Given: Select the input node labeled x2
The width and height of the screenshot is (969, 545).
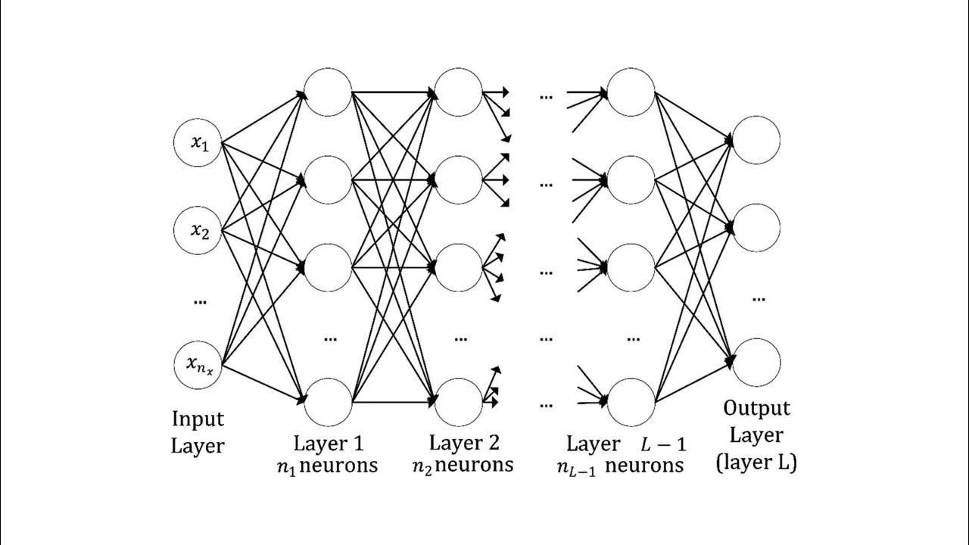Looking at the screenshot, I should point(198,230).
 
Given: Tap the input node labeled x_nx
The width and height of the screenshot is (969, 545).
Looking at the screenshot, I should point(198,365).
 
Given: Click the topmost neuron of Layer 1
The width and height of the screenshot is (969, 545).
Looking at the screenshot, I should point(328,92).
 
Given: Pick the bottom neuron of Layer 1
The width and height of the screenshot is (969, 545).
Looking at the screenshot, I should point(328,401).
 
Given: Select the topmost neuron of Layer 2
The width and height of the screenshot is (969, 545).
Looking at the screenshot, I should point(459,92).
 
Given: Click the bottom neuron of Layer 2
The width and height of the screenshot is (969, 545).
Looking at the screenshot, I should point(459,401).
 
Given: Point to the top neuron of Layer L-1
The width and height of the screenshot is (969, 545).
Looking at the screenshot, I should point(631,92).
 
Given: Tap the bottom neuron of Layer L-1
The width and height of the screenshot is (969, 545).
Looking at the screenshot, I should point(631,401).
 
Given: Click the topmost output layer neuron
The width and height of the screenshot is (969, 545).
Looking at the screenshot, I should point(756,140).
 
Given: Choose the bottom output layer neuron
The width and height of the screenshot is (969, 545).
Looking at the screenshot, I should point(756,363).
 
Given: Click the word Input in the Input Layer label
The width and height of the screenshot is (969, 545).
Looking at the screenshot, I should point(198,419).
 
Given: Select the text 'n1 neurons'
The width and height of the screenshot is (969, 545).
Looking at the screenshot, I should point(327,465).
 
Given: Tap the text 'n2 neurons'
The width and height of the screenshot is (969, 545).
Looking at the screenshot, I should point(462,465).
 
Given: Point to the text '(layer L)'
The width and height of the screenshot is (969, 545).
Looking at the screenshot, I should point(756,462).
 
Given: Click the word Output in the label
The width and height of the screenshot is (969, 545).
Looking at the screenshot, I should point(756,409).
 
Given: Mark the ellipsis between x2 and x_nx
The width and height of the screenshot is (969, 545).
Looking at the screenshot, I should point(199,301).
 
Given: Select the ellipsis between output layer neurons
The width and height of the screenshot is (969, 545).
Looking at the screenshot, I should point(758,297).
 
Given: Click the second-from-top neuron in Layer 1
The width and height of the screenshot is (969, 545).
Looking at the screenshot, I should point(328,179).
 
